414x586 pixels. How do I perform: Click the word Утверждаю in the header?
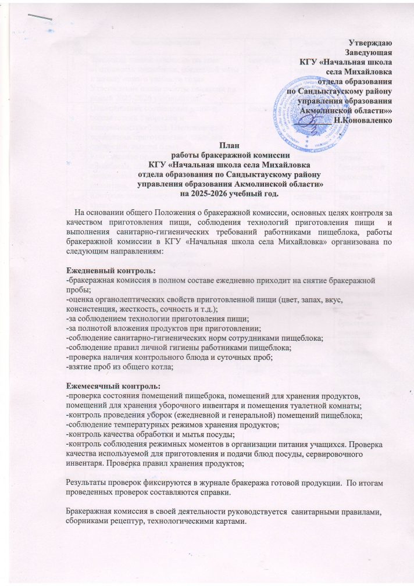coord(372,42)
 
